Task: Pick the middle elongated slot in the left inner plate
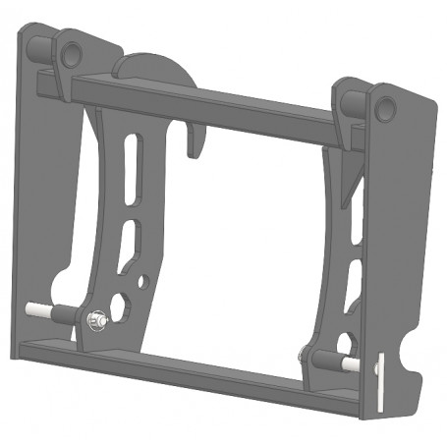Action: click(x=128, y=241)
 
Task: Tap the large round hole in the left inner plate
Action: click(x=119, y=307)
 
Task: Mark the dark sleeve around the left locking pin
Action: click(x=63, y=316)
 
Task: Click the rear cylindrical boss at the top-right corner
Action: click(x=343, y=98)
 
